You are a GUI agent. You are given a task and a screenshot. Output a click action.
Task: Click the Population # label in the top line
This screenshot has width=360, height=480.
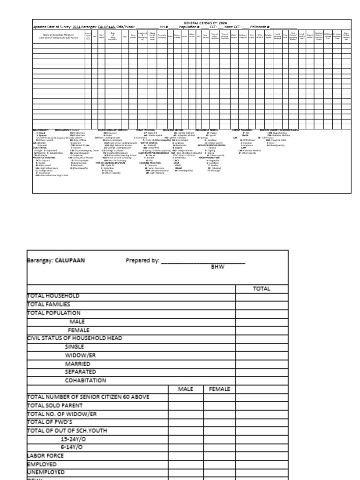[190, 26]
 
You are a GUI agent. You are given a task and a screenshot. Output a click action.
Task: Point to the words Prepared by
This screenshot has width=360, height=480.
[143, 261]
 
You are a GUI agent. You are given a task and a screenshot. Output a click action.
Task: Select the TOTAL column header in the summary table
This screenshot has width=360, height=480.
[262, 289]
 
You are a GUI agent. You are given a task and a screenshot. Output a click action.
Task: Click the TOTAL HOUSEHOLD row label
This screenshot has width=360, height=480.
[53, 296]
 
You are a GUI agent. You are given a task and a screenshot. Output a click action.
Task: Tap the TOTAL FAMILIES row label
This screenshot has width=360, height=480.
[52, 305]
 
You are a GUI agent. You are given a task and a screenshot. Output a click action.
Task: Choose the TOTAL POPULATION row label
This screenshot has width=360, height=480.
[54, 313]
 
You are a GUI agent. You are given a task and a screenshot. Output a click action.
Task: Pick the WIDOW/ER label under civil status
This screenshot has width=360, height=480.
[80, 355]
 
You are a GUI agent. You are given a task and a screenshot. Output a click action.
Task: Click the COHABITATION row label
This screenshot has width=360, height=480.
[85, 380]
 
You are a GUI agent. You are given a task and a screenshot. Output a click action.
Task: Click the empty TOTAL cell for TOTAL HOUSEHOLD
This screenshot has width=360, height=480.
[262, 296]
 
